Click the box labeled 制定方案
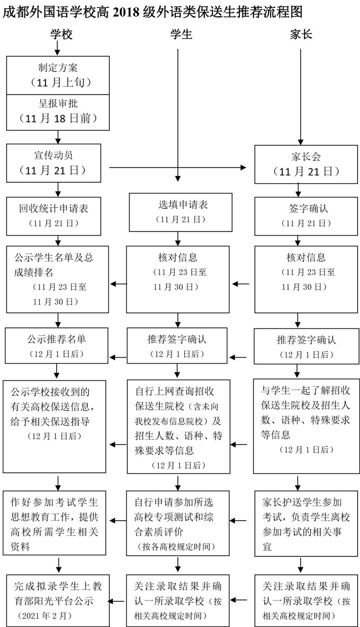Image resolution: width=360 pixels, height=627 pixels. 58,75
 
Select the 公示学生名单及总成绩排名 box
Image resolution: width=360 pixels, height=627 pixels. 57,279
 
